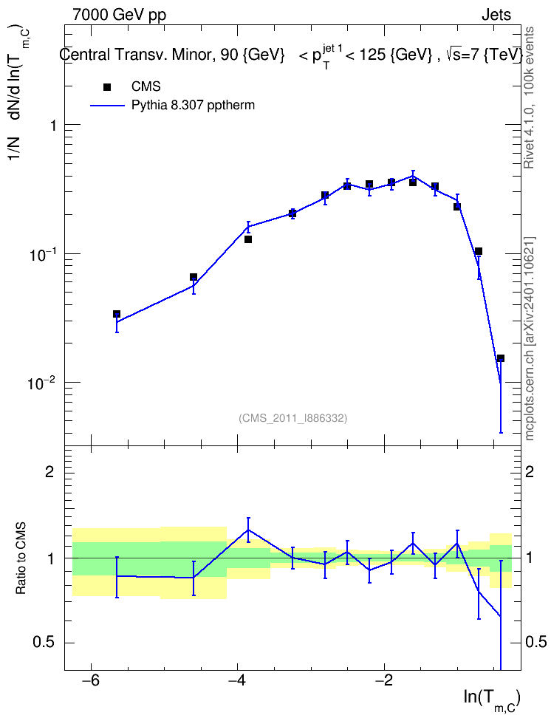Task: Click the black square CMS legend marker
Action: (107, 87)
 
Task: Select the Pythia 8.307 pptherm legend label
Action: (193, 106)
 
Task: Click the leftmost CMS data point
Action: (117, 314)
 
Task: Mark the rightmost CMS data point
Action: (501, 358)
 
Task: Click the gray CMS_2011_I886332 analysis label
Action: (293, 418)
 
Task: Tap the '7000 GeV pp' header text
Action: (119, 15)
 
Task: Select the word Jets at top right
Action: (496, 15)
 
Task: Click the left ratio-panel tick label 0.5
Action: (44, 643)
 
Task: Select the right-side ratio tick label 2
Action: (530, 472)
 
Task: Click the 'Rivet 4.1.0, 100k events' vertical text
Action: (529, 98)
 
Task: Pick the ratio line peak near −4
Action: (248, 530)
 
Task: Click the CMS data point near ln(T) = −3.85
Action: (248, 239)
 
